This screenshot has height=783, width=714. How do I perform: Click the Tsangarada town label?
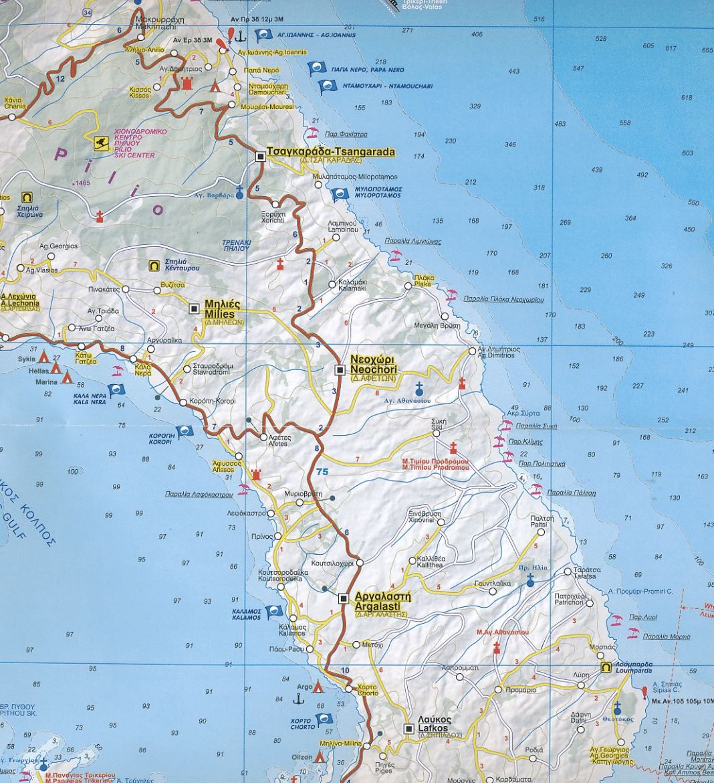coord(330,152)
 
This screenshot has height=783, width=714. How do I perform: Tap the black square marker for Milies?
coord(195,309)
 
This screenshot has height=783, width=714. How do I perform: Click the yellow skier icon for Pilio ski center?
coord(101,142)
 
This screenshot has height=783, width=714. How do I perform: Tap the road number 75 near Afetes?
coord(324,472)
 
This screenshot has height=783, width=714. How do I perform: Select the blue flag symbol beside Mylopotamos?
coord(340,194)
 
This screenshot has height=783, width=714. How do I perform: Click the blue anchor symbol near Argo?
coord(300,699)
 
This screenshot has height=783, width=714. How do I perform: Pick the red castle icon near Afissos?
coord(255,474)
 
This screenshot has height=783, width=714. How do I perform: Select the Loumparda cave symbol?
coord(605,667)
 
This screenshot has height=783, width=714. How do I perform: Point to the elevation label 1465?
coord(82,183)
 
